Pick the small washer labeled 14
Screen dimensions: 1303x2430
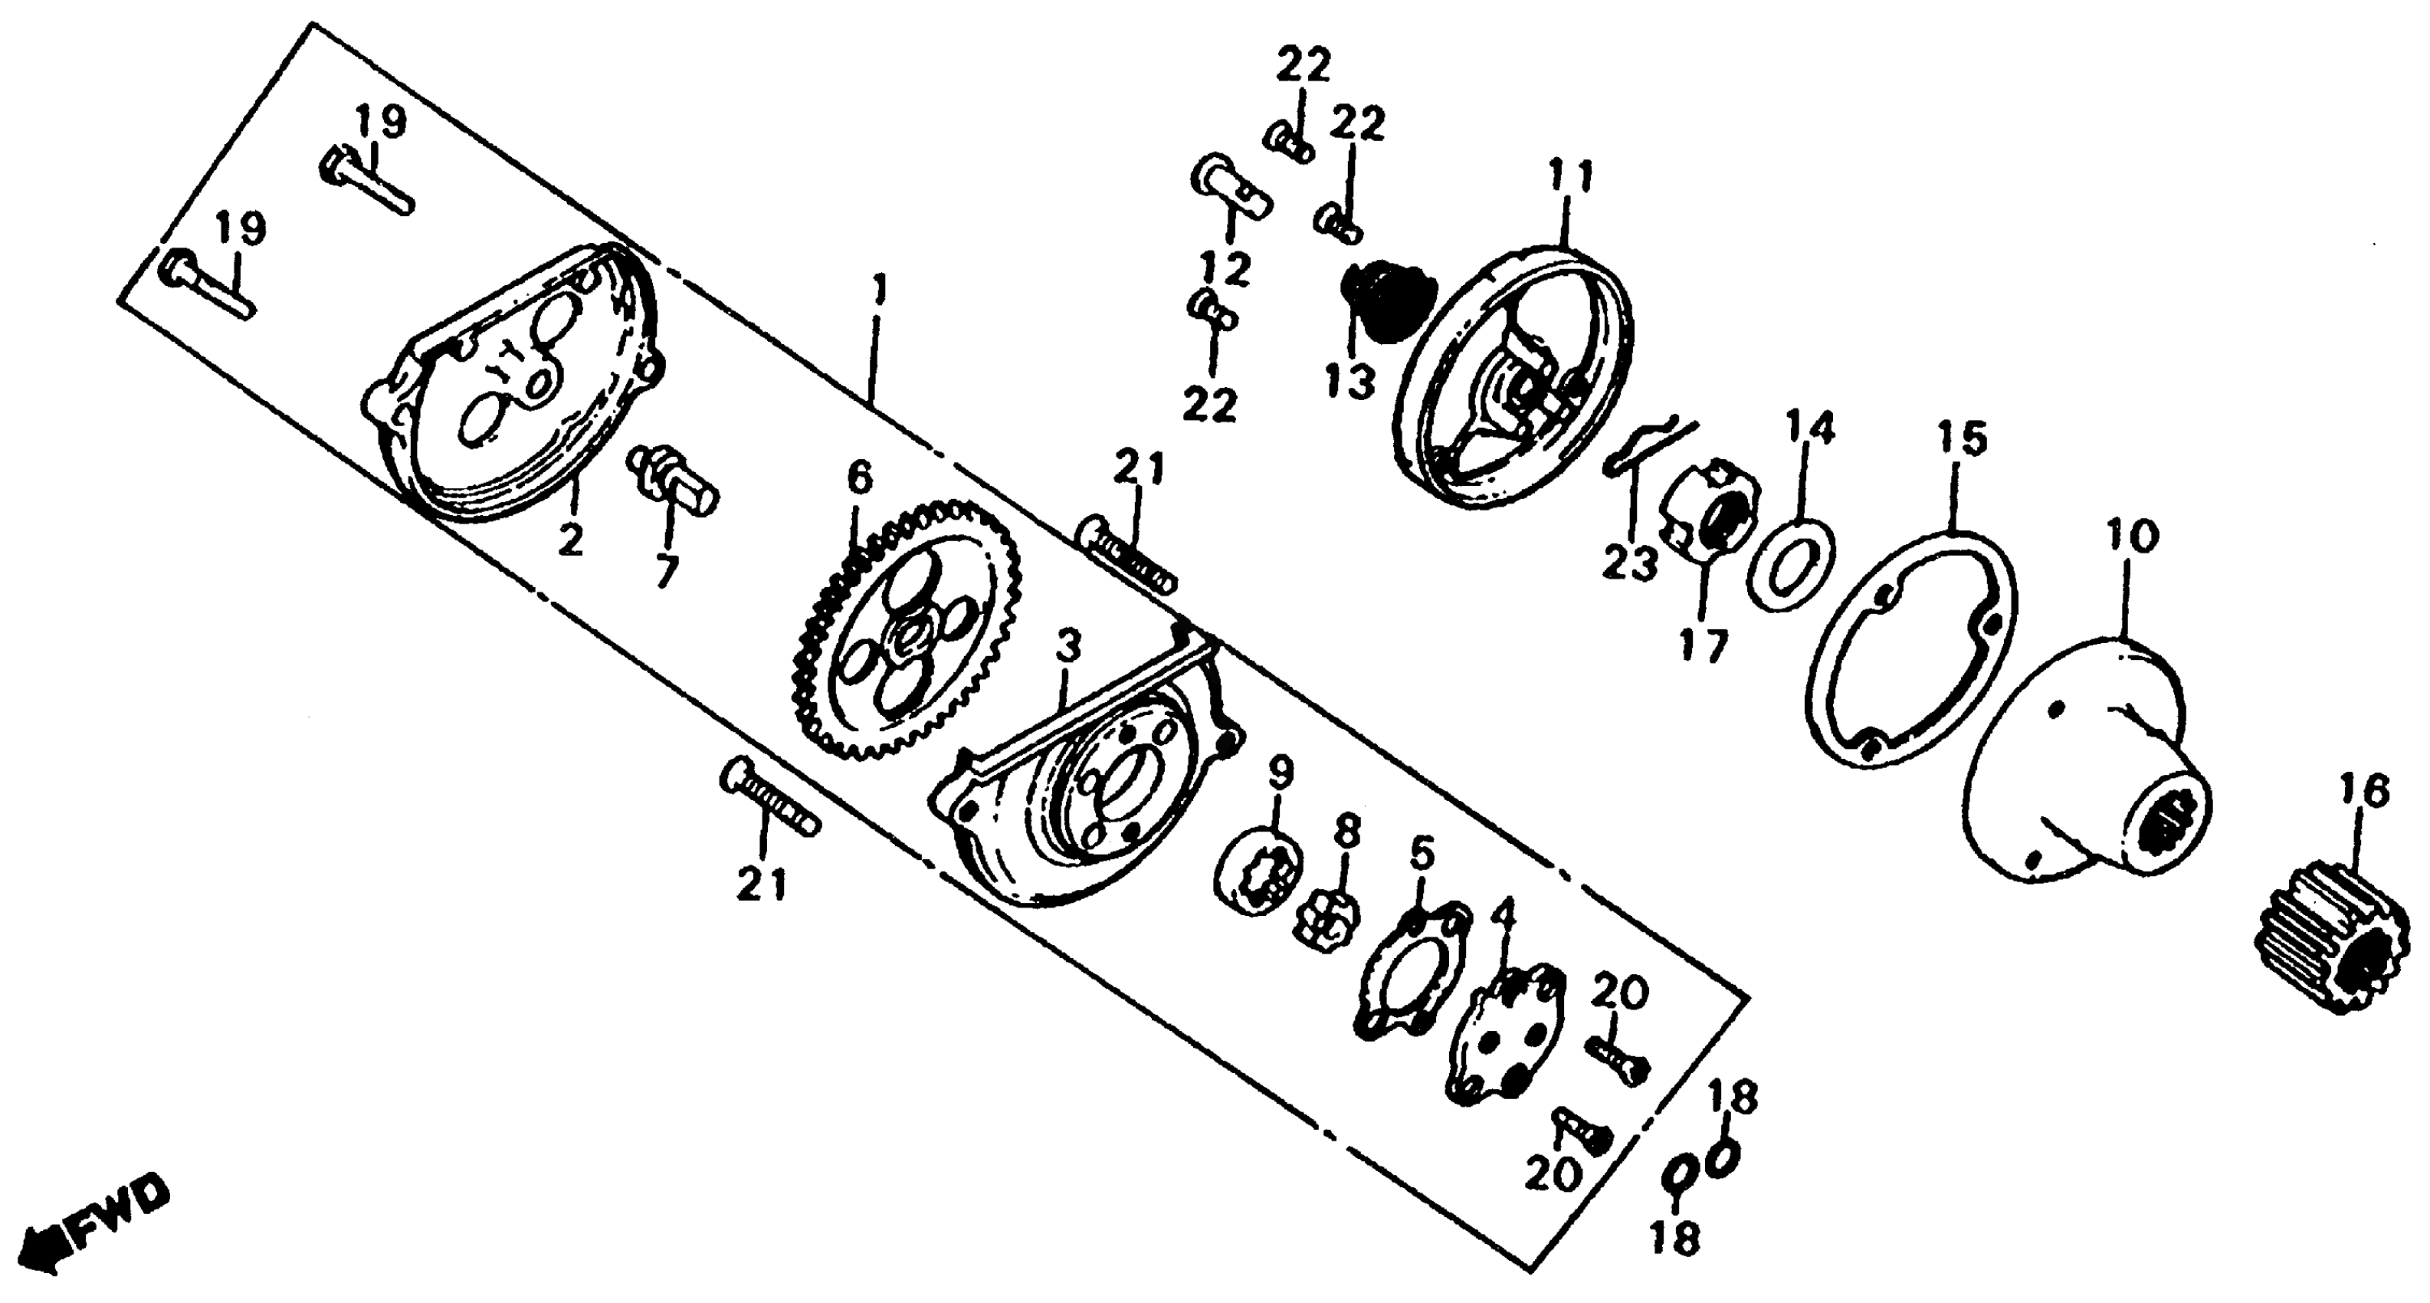[1790, 564]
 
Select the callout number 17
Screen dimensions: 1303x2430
[1704, 646]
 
